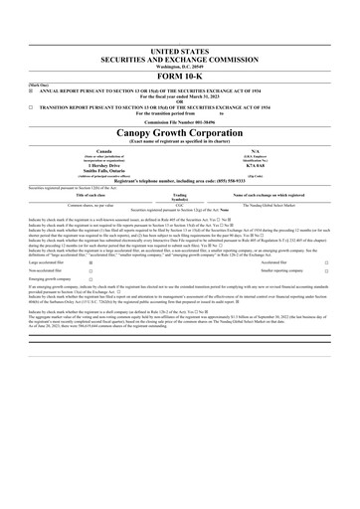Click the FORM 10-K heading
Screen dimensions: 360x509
[x=180, y=76]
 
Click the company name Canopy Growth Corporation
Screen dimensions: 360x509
[x=180, y=131]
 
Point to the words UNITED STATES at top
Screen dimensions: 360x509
[x=180, y=50]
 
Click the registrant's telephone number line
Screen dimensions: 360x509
[x=180, y=181]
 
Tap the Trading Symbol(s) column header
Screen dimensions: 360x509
[x=179, y=197]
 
